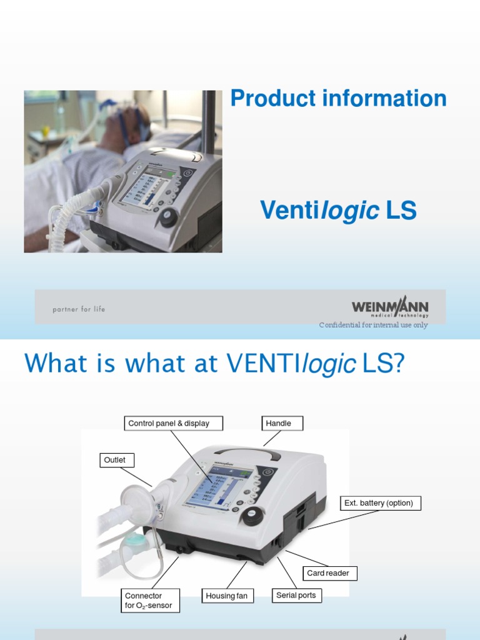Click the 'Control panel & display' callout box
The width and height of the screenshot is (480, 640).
[x=169, y=424]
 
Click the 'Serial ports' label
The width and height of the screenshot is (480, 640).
[x=296, y=596]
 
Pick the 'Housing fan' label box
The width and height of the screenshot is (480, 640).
[x=227, y=596]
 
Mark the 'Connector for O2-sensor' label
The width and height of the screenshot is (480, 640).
[x=149, y=601]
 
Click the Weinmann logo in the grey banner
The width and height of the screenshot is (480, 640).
[x=390, y=307]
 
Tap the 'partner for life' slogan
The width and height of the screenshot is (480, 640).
[x=79, y=309]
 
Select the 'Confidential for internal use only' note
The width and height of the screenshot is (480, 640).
[x=373, y=325]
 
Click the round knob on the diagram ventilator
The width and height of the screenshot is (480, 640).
[x=252, y=514]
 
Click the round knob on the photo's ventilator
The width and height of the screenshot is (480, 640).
[x=168, y=217]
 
